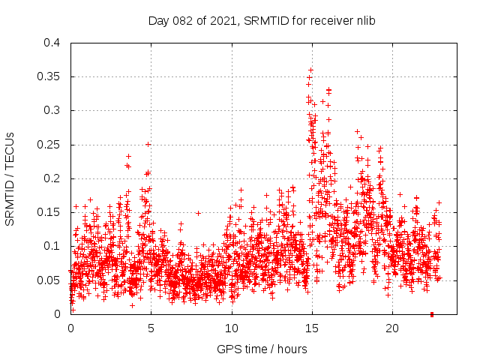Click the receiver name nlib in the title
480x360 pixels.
(x=364, y=21)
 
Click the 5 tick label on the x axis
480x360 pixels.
(x=151, y=328)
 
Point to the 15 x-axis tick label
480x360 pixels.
(x=311, y=328)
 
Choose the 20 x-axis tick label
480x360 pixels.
(x=391, y=328)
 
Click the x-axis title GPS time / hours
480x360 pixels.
(x=262, y=349)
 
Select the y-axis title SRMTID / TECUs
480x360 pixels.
(x=10, y=178)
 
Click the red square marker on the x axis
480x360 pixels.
(x=432, y=314)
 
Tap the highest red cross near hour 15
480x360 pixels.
(x=310, y=70)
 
